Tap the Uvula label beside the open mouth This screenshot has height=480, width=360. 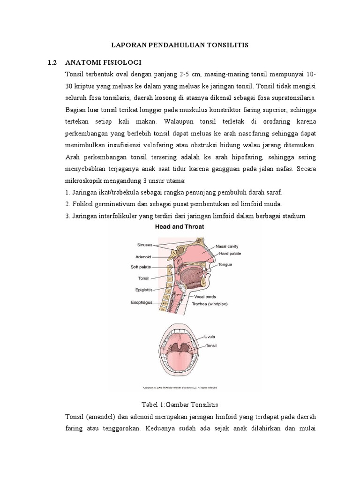(x=209, y=337)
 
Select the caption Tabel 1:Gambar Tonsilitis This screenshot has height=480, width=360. (x=180, y=404)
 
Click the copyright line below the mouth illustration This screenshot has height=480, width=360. (x=180, y=388)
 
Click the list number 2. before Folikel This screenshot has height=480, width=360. (x=68, y=204)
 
